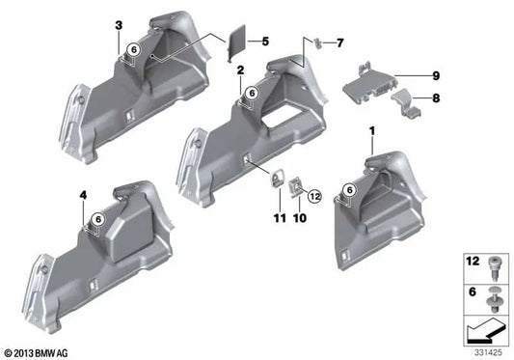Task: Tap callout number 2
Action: [x=240, y=69]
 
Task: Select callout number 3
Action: [x=118, y=25]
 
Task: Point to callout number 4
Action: [x=84, y=196]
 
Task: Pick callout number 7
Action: [x=338, y=42]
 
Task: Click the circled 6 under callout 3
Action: [x=134, y=48]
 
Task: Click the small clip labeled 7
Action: [x=317, y=41]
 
